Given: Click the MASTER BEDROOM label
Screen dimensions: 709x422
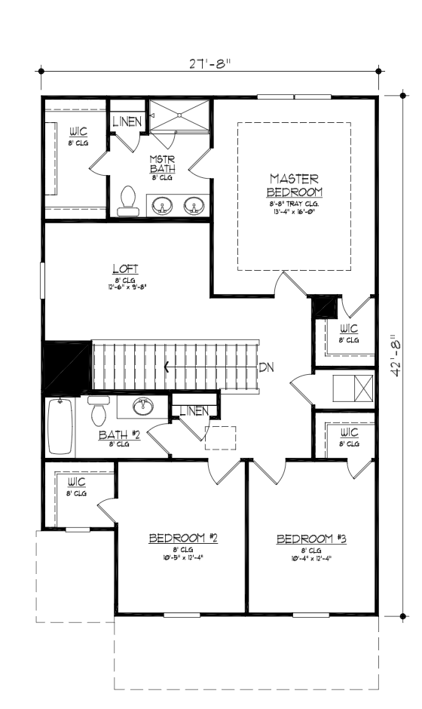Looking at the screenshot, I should click(294, 185).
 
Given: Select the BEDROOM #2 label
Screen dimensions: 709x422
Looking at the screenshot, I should click(183, 538).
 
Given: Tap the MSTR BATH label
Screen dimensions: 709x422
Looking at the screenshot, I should click(162, 164).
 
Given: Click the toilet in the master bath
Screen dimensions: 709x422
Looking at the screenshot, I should click(128, 201).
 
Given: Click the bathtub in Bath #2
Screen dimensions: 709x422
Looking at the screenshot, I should click(60, 427).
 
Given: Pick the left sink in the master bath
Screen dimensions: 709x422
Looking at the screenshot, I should click(162, 205).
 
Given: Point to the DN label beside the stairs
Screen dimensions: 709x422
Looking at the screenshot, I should click(266, 368).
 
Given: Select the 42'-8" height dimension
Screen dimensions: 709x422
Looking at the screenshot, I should click(399, 358).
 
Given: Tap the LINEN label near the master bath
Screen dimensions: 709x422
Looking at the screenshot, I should click(125, 121).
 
